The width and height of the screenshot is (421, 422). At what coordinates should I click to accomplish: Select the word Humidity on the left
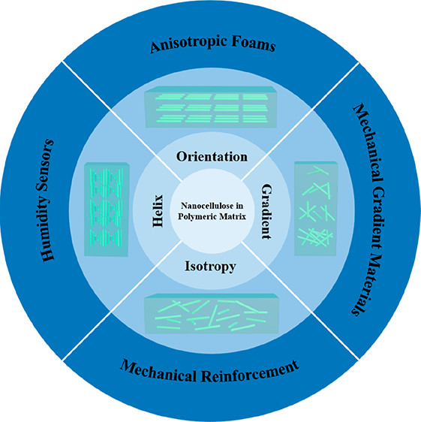tap(47, 226)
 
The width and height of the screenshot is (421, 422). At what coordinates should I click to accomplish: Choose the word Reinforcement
tap(250, 372)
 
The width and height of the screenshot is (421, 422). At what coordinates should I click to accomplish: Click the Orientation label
tap(212, 157)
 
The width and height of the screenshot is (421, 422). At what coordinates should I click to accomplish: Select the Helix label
tap(158, 211)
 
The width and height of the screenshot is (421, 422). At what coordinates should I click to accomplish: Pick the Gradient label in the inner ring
tap(267, 212)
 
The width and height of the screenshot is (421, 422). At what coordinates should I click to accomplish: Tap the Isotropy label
tap(210, 267)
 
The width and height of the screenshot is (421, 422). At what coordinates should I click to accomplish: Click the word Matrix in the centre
tap(233, 216)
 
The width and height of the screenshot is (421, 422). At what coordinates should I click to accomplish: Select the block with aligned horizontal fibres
tap(211, 107)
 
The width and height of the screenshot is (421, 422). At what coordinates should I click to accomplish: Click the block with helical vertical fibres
tap(107, 209)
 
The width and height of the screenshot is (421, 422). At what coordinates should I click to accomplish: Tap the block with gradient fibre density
tap(316, 208)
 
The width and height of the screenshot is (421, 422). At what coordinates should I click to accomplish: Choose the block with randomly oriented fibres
tap(212, 314)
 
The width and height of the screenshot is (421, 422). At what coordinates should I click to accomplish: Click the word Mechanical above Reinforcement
tap(158, 371)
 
